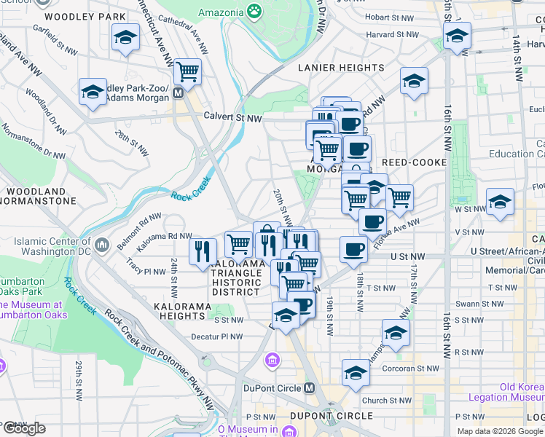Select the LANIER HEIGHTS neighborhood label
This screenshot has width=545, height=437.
(x=342, y=68)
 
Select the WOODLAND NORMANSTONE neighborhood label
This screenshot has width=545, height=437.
(x=38, y=195)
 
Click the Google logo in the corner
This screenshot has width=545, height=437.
(x=23, y=428)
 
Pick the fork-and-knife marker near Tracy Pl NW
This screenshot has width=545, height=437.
(x=203, y=251)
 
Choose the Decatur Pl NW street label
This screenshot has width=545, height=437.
(x=216, y=336)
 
